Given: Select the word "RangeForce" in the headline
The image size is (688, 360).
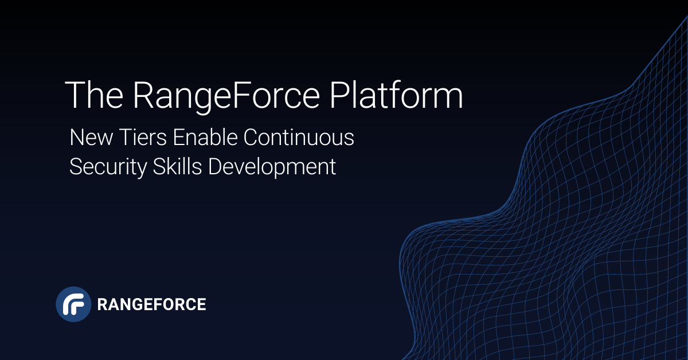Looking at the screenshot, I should coord(226,95).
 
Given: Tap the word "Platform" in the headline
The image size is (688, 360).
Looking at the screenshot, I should coord(396,95).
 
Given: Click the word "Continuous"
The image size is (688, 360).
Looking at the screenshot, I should coord(299,138).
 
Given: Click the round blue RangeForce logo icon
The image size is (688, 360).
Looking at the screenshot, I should coord(73,304).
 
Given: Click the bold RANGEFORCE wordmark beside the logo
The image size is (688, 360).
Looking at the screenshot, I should coord(151,304).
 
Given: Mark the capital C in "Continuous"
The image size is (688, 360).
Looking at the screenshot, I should coord(251,138).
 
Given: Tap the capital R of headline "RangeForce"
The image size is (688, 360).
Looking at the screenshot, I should coord(143,95).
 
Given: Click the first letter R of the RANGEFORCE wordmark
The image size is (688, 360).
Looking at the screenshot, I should coord(102,304).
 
